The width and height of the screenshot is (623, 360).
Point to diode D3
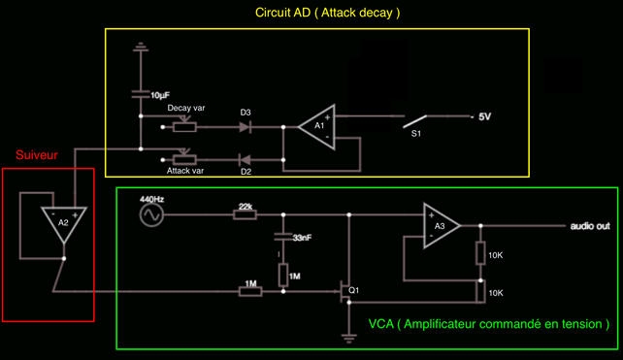[245, 127]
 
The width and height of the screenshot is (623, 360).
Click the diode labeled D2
[245, 160]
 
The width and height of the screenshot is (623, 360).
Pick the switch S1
[414, 121]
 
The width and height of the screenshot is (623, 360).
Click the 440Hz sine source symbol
[151, 215]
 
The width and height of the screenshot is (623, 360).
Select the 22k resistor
[245, 215]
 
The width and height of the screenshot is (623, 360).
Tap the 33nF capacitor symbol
[283, 237]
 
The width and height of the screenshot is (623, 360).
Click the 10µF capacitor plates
[141, 94]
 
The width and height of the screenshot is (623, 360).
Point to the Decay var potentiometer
[184, 125]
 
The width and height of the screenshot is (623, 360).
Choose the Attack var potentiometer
[184, 158]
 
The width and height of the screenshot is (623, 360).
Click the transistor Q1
[344, 292]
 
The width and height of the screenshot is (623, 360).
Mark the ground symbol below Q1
[348, 339]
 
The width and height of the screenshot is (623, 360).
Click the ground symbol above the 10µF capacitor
[141, 47]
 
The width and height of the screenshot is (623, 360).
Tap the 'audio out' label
[590, 226]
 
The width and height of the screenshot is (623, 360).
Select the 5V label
[485, 116]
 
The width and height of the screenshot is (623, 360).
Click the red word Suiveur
[37, 155]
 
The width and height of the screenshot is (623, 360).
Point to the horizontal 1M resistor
[250, 292]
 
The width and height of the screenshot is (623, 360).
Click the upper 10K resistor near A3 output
[480, 253]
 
